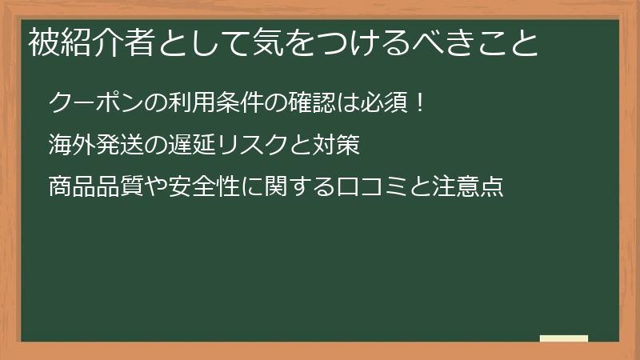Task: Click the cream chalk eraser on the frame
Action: point(564,338)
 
